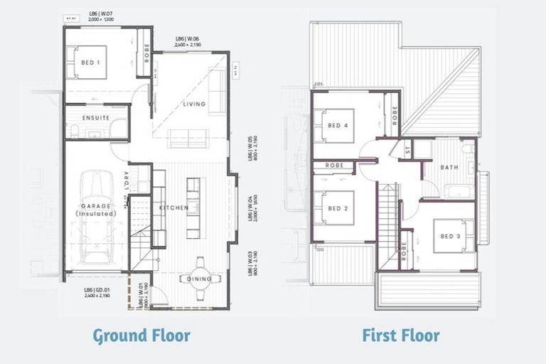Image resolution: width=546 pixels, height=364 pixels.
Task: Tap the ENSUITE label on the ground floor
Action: [x=95, y=117]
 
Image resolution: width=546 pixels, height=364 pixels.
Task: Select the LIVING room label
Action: [x=194, y=104]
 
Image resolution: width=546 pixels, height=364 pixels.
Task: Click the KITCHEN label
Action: [x=173, y=207]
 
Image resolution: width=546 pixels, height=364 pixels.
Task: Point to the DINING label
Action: [x=200, y=279]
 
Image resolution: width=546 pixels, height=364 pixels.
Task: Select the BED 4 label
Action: [x=338, y=126]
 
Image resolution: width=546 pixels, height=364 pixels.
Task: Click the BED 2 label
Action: [x=338, y=209]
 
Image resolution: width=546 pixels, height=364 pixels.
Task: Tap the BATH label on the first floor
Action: [x=449, y=168]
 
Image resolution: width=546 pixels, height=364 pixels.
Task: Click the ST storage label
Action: [x=407, y=150]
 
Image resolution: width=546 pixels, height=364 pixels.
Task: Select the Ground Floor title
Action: [x=142, y=335]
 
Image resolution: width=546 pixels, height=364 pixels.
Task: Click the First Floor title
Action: [x=401, y=335]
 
